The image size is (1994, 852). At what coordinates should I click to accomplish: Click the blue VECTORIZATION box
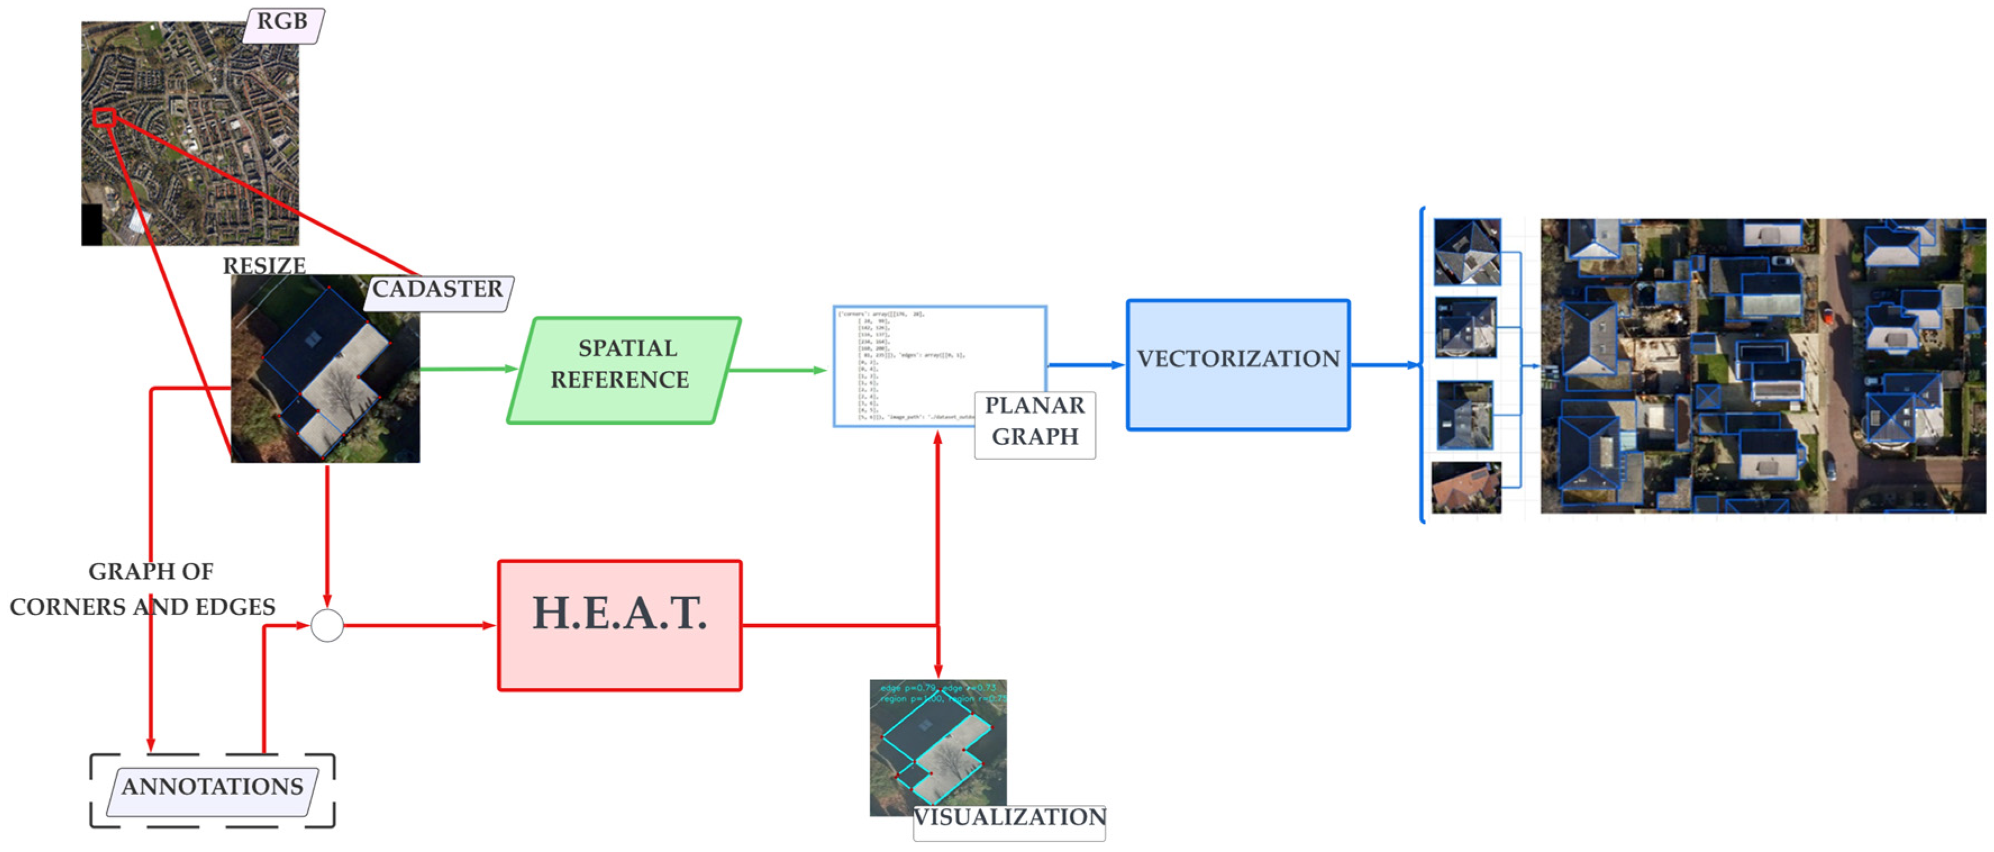[x=1238, y=364]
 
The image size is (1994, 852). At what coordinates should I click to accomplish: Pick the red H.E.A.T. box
[x=619, y=624]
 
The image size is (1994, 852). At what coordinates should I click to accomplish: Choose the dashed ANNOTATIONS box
[x=212, y=790]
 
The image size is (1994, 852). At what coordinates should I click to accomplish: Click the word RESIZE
[x=264, y=266]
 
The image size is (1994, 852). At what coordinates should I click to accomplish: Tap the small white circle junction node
[x=327, y=625]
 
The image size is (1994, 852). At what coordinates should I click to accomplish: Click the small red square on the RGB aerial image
[x=104, y=117]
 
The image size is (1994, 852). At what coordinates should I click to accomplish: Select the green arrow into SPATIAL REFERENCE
[x=468, y=369]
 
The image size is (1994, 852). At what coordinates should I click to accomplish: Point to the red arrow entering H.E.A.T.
[x=418, y=625]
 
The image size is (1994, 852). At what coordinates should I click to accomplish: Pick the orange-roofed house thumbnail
[x=1465, y=487]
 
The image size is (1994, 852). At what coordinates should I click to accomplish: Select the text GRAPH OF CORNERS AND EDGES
[x=143, y=588]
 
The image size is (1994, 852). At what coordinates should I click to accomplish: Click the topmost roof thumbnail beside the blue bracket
[x=1467, y=252]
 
